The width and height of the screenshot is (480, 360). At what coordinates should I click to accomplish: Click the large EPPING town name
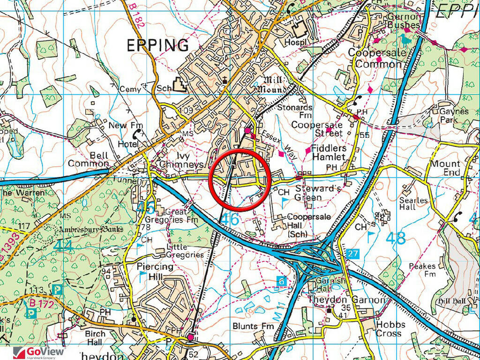tap(158, 45)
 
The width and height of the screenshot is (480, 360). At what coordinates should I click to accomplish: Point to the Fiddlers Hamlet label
tap(329, 152)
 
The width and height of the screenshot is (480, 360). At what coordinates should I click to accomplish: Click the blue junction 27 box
tap(353, 254)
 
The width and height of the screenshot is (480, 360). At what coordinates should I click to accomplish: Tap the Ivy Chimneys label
tap(181, 160)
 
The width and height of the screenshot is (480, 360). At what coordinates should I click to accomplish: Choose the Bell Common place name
tap(88, 159)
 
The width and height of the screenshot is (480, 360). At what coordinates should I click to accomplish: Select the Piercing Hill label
tap(155, 271)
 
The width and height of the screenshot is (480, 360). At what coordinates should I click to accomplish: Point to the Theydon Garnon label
tap(346, 300)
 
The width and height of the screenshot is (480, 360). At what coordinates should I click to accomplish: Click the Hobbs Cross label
tap(389, 329)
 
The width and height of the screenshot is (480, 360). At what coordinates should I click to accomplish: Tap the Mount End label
tap(445, 168)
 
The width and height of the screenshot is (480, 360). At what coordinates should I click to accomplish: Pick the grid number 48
tap(396, 238)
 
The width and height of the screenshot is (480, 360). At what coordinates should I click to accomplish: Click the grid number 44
tap(64, 246)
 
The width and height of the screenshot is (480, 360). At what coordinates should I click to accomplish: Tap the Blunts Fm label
tap(253, 326)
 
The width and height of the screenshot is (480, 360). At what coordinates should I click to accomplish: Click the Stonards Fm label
tap(295, 112)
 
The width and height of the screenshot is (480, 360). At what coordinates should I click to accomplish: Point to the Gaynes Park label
tap(454, 116)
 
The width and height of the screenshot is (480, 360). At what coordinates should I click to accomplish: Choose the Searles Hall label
tap(414, 203)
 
